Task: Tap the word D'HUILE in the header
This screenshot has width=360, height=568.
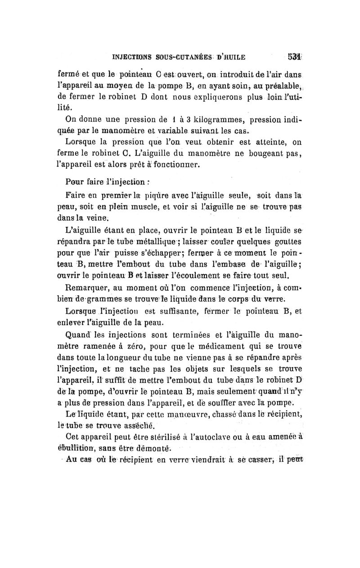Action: click(x=232, y=57)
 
